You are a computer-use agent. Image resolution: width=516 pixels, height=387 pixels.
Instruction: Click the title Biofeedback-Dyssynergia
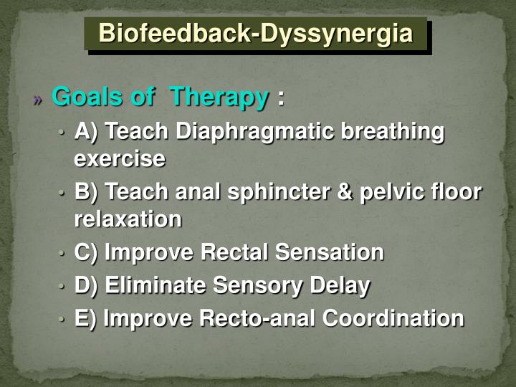tap(256, 34)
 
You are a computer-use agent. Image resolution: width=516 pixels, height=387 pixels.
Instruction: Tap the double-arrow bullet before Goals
tap(39, 99)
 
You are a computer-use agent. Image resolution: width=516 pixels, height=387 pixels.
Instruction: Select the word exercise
tap(120, 158)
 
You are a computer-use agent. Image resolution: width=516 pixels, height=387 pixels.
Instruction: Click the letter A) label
tap(86, 133)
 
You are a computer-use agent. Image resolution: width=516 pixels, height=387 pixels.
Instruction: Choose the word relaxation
tap(128, 219)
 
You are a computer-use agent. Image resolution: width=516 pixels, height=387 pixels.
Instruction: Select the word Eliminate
tap(158, 286)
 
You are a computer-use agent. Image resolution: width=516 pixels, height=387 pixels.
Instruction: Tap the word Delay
tap(340, 286)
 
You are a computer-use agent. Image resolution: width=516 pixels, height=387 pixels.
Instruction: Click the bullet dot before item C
tap(62, 254)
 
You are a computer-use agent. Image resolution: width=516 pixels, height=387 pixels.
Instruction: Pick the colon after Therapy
tap(281, 98)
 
